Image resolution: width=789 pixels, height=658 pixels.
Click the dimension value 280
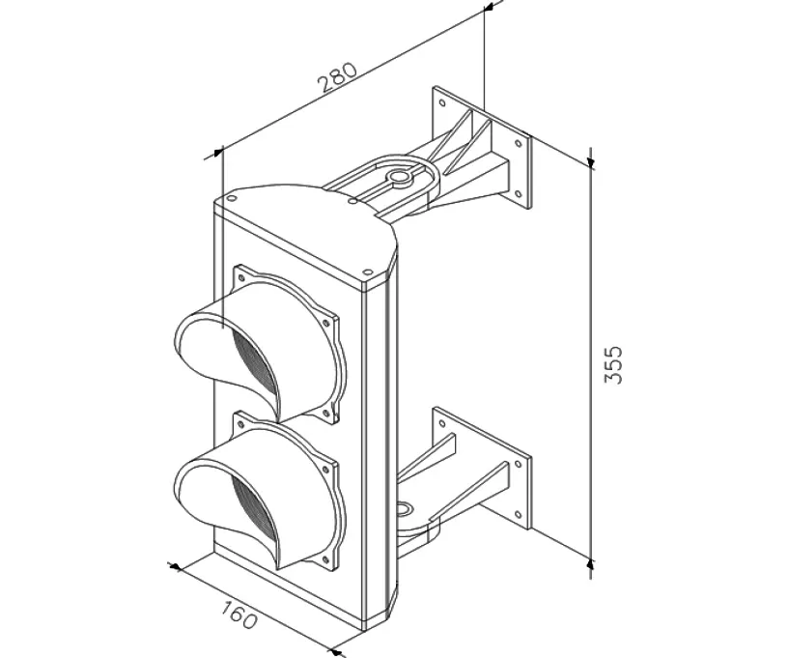point(338,77)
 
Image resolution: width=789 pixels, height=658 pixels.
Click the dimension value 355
point(613,364)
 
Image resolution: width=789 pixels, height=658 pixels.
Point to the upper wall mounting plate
point(482,148)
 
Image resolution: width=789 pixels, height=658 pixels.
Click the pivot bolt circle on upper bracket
point(399,177)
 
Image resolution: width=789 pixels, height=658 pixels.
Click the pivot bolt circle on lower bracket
point(403,509)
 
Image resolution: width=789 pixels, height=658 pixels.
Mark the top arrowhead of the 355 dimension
point(591,161)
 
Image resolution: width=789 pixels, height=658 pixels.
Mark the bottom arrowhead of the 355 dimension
point(591,560)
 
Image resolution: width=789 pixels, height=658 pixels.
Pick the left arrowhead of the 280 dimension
point(219,153)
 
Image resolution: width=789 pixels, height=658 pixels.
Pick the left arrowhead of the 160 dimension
point(174,567)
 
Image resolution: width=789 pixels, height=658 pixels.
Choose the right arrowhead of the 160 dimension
point(335,652)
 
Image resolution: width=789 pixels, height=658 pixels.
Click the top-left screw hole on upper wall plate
point(442,103)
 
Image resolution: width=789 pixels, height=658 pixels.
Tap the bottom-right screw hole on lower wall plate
point(518,514)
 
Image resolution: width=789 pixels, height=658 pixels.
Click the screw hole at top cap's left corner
point(231,197)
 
